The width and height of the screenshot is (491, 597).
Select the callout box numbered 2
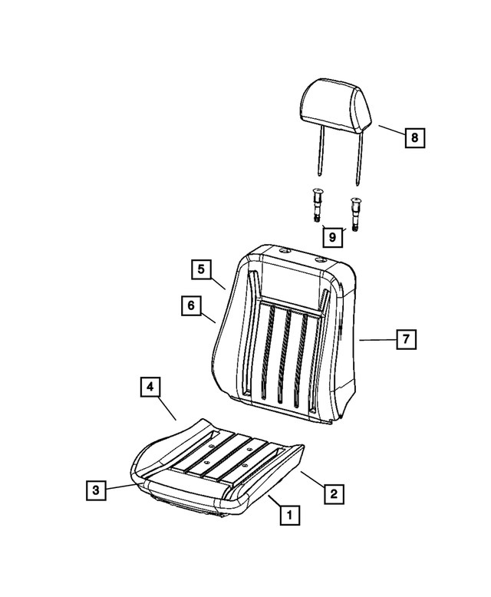[332, 493]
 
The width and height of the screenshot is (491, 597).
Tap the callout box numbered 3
[94, 489]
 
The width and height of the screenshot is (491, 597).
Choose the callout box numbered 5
[201, 269]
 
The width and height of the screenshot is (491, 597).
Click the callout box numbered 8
[414, 138]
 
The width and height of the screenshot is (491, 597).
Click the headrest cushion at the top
[334, 107]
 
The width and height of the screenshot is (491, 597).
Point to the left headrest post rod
[317, 157]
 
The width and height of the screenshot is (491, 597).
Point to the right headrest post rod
[358, 161]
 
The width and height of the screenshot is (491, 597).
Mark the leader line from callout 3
[120, 485]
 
